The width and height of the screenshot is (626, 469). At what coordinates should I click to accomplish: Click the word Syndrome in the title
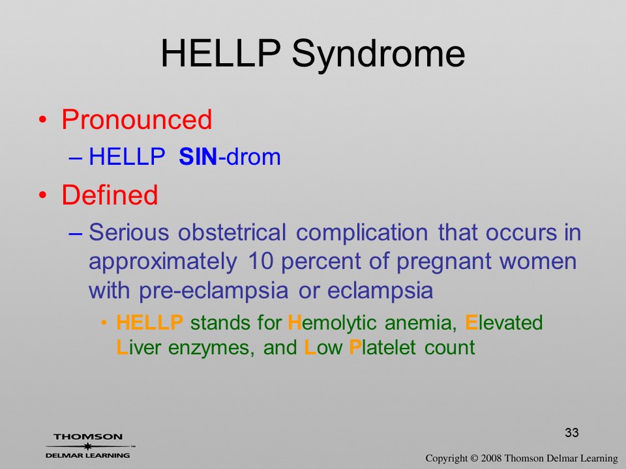pos(378,54)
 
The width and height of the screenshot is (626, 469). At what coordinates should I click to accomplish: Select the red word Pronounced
pos(136,119)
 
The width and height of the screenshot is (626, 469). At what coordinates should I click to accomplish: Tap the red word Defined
pos(110,195)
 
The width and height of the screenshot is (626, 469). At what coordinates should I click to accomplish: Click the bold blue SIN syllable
pos(198,156)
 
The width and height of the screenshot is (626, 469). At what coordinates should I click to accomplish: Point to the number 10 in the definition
pos(260,261)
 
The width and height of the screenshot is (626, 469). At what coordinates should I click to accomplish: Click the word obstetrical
pos(232,232)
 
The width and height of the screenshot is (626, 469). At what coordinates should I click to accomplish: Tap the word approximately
pos(163,262)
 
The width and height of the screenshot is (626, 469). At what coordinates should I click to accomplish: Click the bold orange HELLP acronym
pos(150,322)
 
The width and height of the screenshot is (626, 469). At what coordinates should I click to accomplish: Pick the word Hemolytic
pos(332,323)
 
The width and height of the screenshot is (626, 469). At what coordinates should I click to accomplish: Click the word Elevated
pos(504,322)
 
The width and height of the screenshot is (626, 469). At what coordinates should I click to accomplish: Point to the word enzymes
pos(211,348)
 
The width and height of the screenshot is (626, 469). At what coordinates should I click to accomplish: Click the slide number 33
pos(572,433)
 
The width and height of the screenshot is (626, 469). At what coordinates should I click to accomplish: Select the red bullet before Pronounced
pos(43,120)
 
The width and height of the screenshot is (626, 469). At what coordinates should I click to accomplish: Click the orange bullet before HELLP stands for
pos(104,322)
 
